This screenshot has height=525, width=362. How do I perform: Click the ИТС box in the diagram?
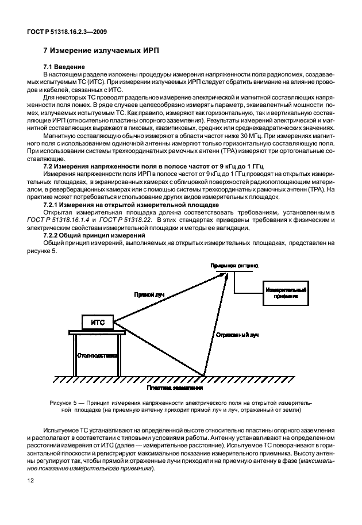[97, 323]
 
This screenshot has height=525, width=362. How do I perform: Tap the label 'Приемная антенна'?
[234, 266]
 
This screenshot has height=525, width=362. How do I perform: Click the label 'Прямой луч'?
[149, 294]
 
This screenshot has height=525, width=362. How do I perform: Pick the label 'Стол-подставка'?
[98, 356]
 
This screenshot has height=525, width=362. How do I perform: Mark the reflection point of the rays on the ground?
[204, 376]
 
